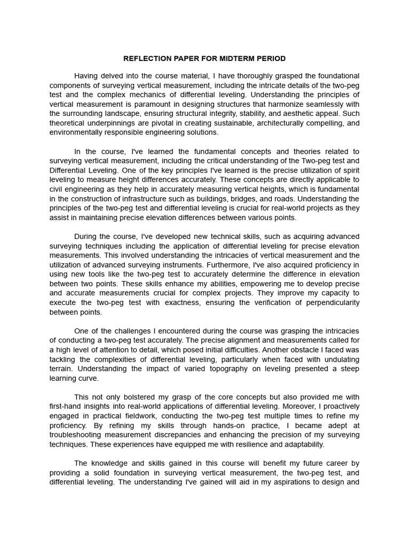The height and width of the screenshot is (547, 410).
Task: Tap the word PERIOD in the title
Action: click(272, 58)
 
